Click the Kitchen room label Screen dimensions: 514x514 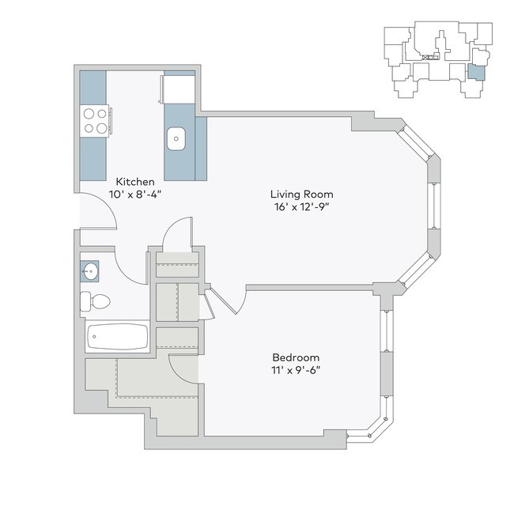135,181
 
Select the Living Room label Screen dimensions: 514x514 301,194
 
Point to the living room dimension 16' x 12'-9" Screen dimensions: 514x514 301,206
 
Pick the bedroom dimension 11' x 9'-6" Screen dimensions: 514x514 297,368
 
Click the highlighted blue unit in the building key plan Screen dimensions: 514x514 474,73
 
